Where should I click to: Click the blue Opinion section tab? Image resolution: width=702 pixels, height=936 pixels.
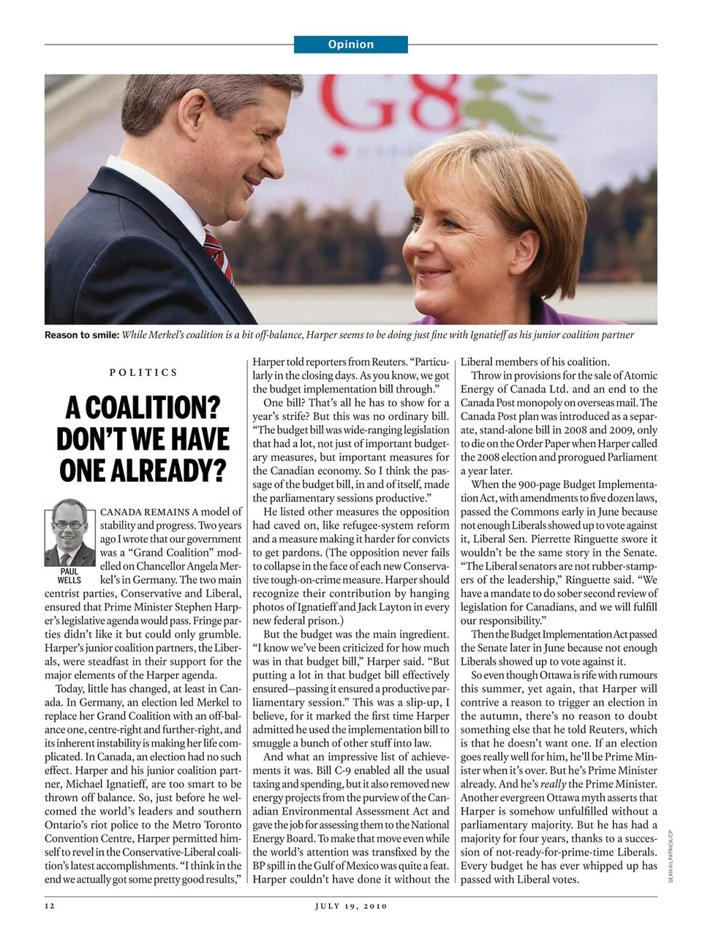350,45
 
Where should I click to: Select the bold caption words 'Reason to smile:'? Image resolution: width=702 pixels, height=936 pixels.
81,335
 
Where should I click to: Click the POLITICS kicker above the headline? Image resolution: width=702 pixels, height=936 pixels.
143,372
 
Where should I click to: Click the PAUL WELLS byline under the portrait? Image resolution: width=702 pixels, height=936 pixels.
69,575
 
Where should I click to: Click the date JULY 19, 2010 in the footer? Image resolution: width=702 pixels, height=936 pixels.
351,906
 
